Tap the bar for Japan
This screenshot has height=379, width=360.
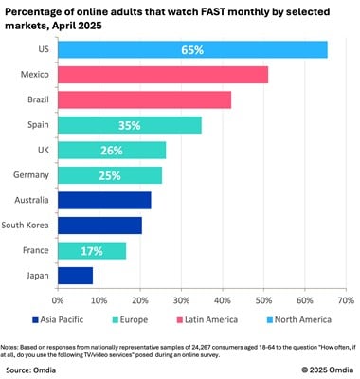(75, 275)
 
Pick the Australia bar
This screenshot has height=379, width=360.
(104, 200)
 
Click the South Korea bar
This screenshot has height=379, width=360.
(99, 225)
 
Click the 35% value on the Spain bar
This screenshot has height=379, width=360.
(130, 125)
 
